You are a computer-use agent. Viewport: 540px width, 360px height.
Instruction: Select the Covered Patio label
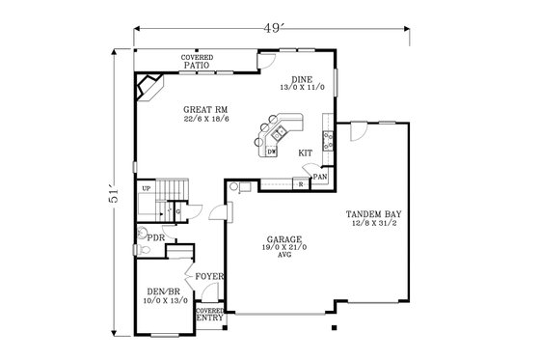(x=197, y=61)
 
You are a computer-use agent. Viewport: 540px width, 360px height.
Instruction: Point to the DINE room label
(x=302, y=80)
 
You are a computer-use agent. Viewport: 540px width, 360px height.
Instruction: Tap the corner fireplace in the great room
(x=149, y=90)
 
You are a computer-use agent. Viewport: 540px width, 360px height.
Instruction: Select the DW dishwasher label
(x=272, y=152)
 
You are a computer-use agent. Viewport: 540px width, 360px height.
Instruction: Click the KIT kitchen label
(x=305, y=152)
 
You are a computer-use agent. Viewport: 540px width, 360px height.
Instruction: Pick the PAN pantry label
(x=321, y=178)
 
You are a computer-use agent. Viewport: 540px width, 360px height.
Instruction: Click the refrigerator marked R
(x=302, y=183)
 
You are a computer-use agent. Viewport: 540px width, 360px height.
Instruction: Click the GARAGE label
(x=284, y=238)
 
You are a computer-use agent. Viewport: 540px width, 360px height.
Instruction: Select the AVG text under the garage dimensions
(x=284, y=256)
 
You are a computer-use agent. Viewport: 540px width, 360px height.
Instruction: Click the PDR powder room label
(x=152, y=236)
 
